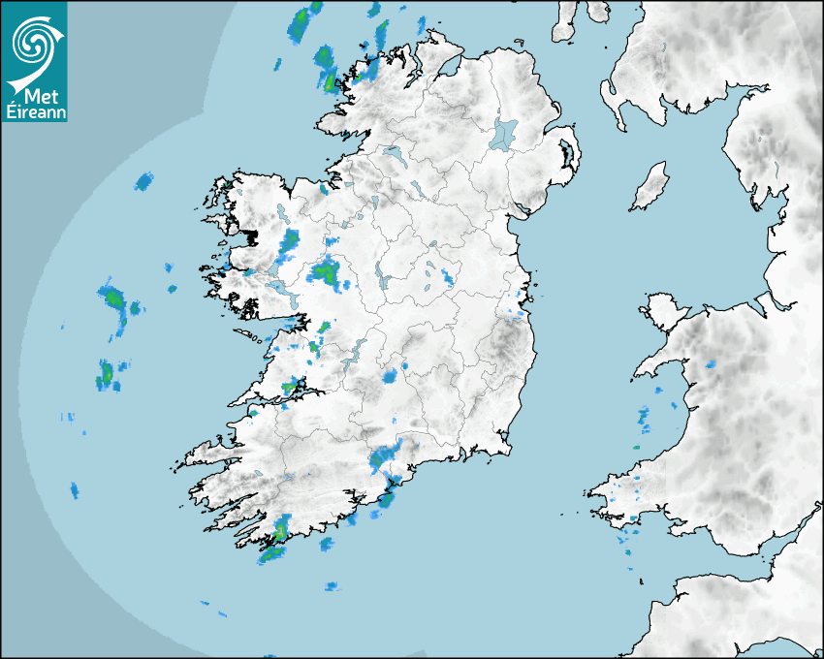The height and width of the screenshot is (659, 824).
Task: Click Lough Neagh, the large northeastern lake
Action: (505, 133)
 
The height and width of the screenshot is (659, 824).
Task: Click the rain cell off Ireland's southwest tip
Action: (272, 554)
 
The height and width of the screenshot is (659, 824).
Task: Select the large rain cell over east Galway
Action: (326, 272)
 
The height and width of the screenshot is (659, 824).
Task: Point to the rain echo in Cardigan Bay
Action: (644, 418)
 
